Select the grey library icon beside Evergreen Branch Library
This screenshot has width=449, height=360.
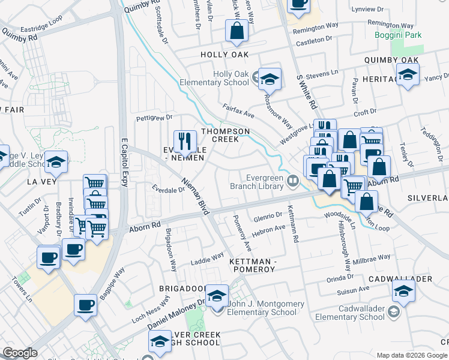click(293, 180)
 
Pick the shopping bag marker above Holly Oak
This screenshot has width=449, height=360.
click(237, 31)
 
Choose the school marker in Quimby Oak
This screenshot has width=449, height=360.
click(408, 75)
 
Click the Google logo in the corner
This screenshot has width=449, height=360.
click(20, 353)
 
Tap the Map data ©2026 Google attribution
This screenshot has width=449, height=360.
click(411, 355)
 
